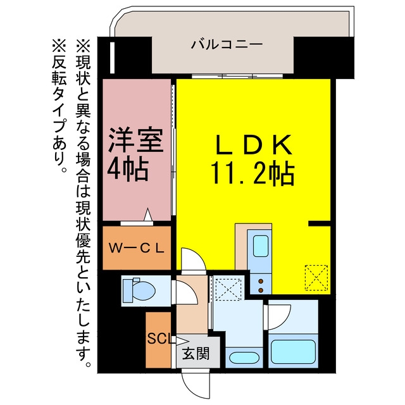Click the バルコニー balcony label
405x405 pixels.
[x=227, y=44]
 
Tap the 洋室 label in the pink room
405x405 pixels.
[x=136, y=140]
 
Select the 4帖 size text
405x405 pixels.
[x=128, y=169]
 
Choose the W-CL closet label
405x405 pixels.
[x=137, y=249]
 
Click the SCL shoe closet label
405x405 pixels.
[x=159, y=339]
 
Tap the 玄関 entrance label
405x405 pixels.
[x=196, y=353]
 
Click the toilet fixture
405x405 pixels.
[x=139, y=290]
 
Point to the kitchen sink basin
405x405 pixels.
[x=260, y=246]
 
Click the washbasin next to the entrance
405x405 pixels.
[x=244, y=358]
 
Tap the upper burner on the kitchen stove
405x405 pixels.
[x=261, y=281]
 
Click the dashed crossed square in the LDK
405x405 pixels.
[x=316, y=278]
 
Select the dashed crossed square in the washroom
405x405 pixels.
[x=228, y=289]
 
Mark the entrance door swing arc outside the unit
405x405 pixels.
[x=196, y=385]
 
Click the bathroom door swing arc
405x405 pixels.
[x=280, y=316]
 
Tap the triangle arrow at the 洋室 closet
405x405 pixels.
[x=147, y=215]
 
